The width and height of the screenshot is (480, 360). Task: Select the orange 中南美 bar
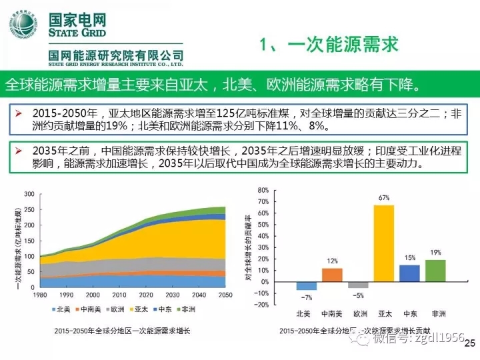tap(332, 275)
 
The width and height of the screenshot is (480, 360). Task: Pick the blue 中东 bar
tap(409, 273)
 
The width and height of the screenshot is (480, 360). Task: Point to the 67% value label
tap(383, 198)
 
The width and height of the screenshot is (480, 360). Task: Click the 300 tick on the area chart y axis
tap(29, 194)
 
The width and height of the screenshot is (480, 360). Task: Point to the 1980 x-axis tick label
tap(41, 295)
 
